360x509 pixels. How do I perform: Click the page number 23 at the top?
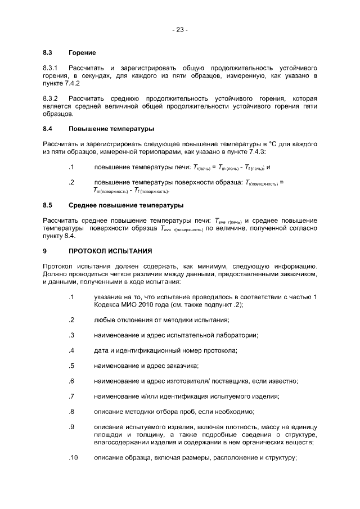point(179,30)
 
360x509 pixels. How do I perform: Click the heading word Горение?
point(82,53)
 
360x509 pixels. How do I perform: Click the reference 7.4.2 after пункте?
point(70,83)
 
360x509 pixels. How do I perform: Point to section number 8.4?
point(48,129)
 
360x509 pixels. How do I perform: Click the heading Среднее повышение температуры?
point(126,205)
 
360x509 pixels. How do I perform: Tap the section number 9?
point(45,250)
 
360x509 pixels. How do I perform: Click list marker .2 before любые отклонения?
point(71,320)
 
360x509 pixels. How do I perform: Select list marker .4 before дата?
point(71,350)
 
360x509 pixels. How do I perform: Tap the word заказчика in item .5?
point(180,366)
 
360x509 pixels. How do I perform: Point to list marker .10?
point(73,457)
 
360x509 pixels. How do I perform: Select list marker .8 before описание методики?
point(71,411)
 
